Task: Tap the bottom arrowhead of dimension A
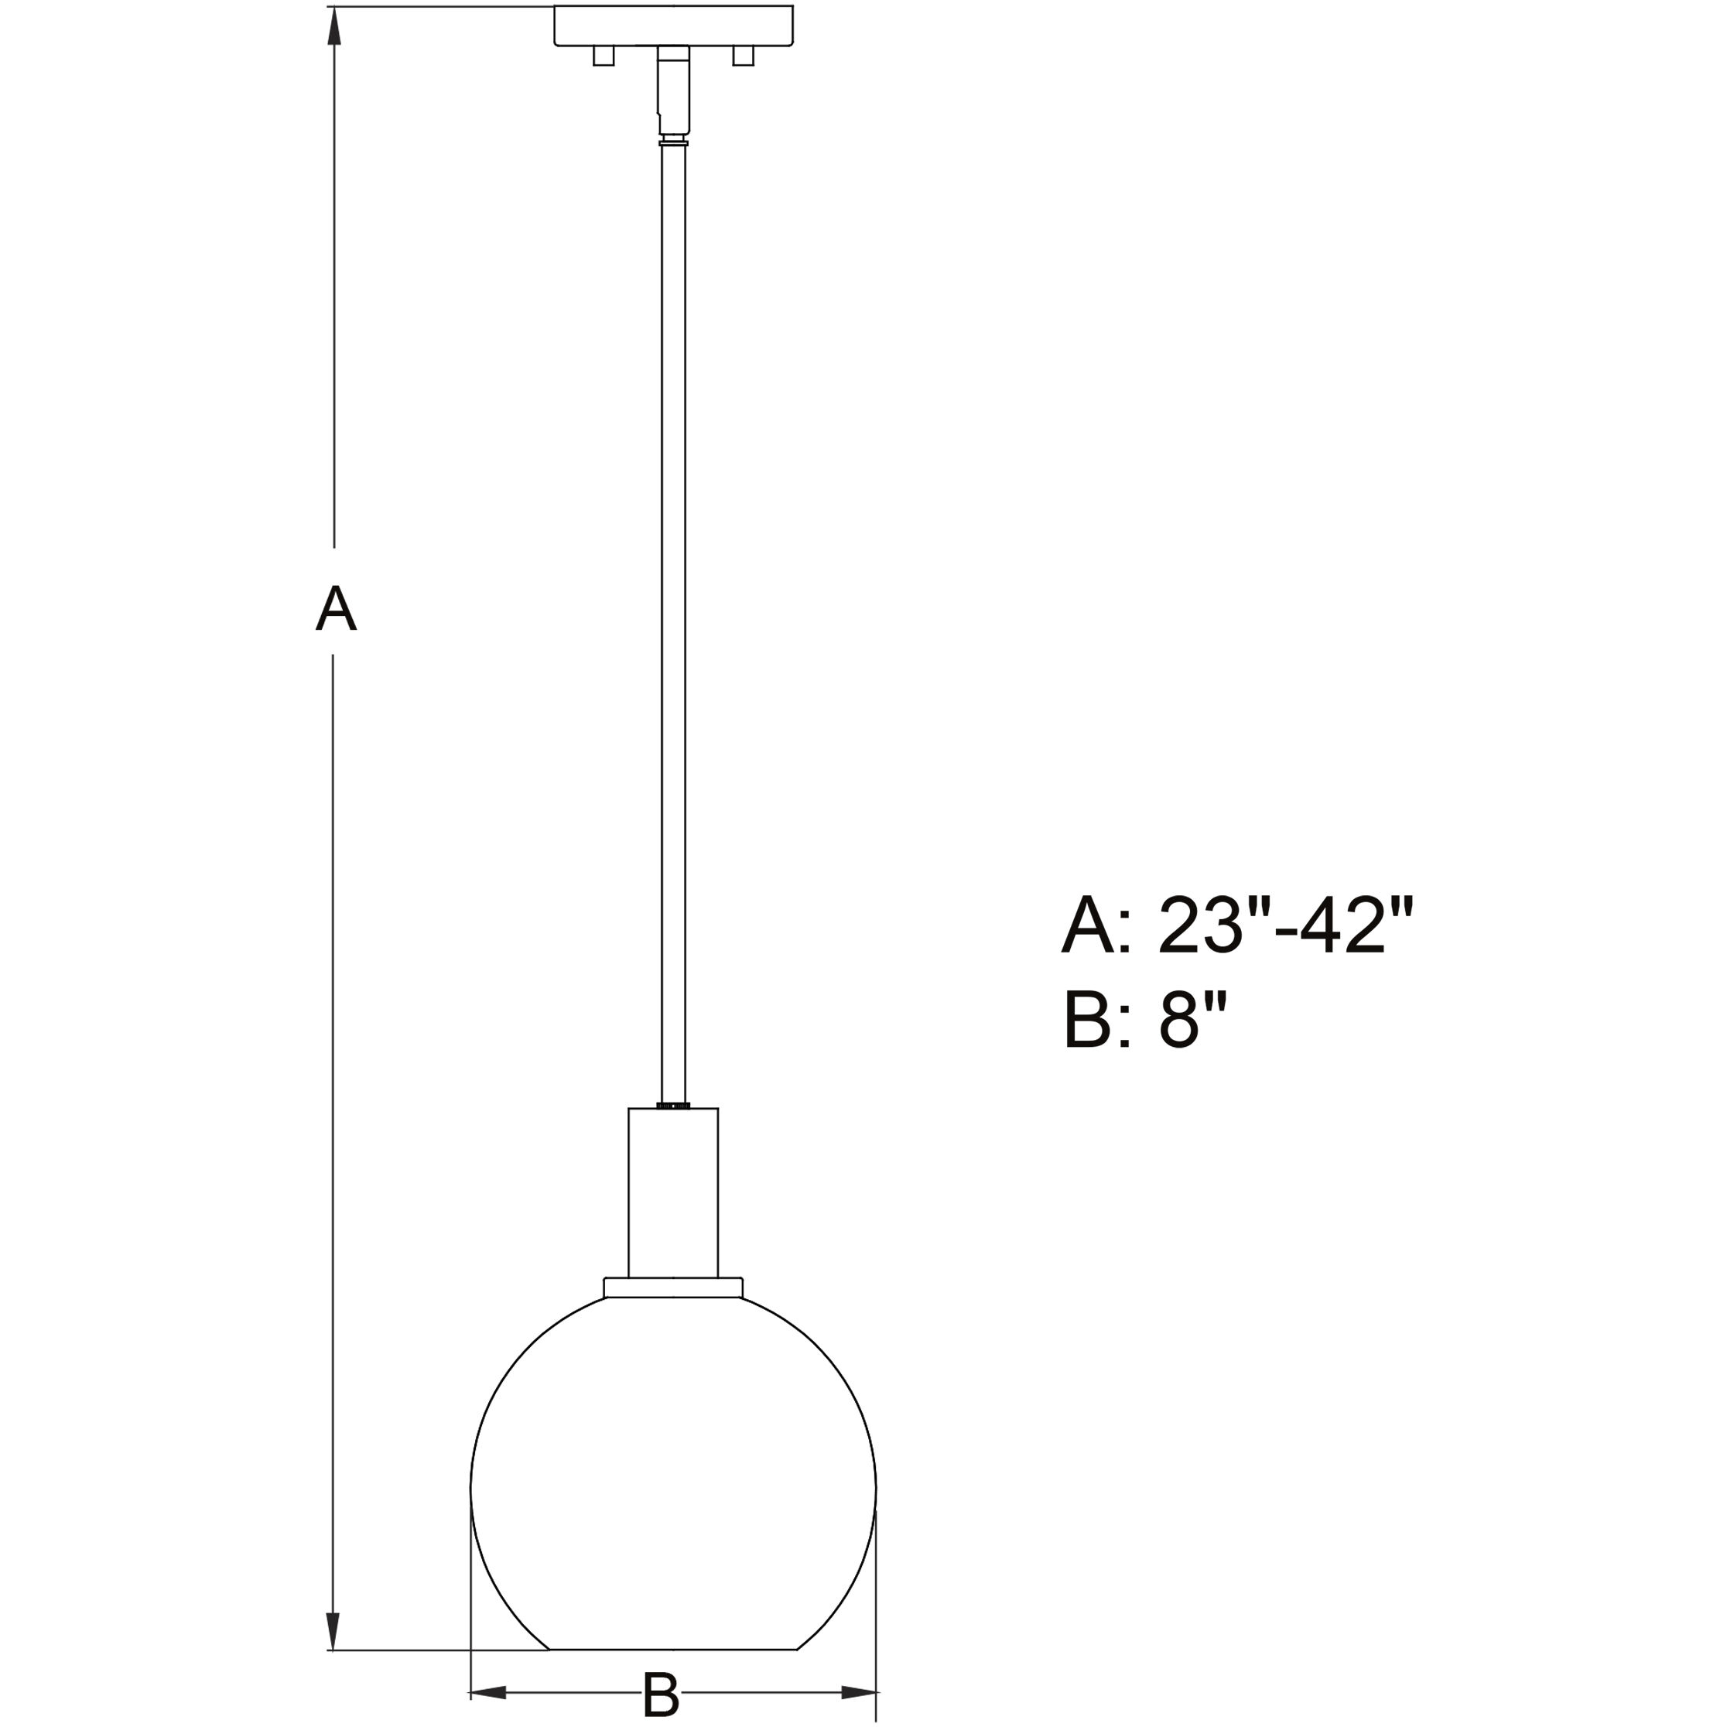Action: [333, 1627]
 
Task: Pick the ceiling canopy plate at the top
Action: [673, 25]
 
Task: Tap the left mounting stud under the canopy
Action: [604, 56]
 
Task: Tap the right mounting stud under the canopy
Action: [743, 56]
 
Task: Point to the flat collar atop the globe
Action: [673, 1288]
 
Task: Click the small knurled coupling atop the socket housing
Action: [673, 1106]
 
